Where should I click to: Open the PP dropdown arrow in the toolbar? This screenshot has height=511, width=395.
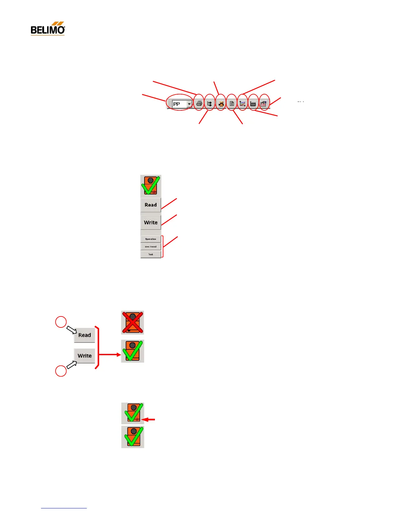(189, 104)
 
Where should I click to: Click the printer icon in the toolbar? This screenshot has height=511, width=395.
(199, 104)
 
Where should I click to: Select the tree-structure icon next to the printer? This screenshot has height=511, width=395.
(210, 104)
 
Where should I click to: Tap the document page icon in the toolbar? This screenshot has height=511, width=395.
(232, 104)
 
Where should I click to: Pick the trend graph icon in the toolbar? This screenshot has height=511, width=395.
(242, 104)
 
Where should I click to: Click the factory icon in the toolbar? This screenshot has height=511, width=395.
(253, 104)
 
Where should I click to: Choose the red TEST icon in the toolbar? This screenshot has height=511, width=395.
(263, 104)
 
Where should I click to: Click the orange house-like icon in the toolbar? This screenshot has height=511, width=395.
(221, 104)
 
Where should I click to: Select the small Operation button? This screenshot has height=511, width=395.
(151, 239)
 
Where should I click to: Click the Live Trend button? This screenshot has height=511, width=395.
(151, 246)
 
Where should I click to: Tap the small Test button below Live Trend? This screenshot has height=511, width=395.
(151, 254)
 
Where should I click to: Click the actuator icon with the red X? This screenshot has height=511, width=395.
(132, 322)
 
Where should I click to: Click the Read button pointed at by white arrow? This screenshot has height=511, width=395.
(85, 335)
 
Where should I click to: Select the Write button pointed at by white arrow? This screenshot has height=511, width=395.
(85, 356)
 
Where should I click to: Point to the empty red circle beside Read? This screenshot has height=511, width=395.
(61, 322)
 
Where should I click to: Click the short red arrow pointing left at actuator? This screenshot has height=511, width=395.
(149, 420)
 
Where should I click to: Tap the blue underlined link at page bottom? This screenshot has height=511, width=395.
(64, 508)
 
